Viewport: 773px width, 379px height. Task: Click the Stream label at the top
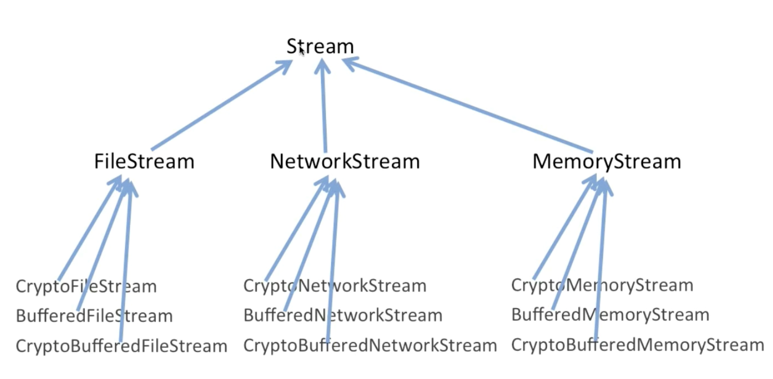(x=320, y=46)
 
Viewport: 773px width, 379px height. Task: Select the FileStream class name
(x=144, y=161)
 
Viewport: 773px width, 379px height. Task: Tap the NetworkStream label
(x=345, y=161)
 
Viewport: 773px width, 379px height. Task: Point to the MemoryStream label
(x=607, y=161)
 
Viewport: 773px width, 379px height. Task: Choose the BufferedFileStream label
(x=94, y=316)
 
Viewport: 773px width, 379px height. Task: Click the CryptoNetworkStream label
(x=335, y=286)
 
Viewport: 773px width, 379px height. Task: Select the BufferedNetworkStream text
(x=343, y=315)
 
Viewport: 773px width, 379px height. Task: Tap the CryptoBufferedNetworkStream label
(x=370, y=345)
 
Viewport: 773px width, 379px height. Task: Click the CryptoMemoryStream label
(x=602, y=285)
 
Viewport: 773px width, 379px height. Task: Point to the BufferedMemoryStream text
(x=610, y=314)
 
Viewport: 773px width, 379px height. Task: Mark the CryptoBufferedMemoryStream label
(x=637, y=345)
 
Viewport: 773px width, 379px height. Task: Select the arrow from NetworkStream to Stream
(x=324, y=105)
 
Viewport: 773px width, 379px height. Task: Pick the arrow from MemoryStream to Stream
(x=467, y=105)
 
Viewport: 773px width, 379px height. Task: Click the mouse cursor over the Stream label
(x=302, y=51)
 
